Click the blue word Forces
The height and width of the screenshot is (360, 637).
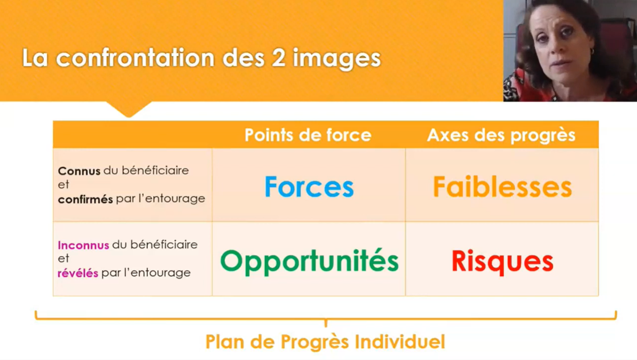pyautogui.click(x=309, y=186)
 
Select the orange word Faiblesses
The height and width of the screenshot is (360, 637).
pyautogui.click(x=502, y=186)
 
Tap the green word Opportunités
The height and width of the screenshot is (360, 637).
pyautogui.click(x=310, y=261)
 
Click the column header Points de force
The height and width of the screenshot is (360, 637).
pyautogui.click(x=308, y=135)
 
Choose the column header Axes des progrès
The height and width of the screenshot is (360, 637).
pyautogui.click(x=501, y=135)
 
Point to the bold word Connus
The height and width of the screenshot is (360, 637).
pyautogui.click(x=79, y=171)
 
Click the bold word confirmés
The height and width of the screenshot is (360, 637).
pyautogui.click(x=85, y=199)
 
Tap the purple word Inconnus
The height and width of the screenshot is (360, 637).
pyautogui.click(x=83, y=245)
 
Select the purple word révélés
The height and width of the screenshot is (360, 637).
pyautogui.click(x=78, y=273)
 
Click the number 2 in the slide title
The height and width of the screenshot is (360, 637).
pyautogui.click(x=278, y=58)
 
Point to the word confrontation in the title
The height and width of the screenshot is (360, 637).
pyautogui.click(x=135, y=58)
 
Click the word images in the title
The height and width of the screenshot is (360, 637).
pyautogui.click(x=337, y=59)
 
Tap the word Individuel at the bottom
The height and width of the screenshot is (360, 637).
pyautogui.click(x=400, y=342)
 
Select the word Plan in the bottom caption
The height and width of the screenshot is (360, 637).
pyautogui.click(x=225, y=342)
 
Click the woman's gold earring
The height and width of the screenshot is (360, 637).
pyautogui.click(x=592, y=52)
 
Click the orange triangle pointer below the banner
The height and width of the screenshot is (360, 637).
pyautogui.click(x=129, y=108)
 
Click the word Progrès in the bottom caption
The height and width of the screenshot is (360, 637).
pyautogui.click(x=315, y=342)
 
